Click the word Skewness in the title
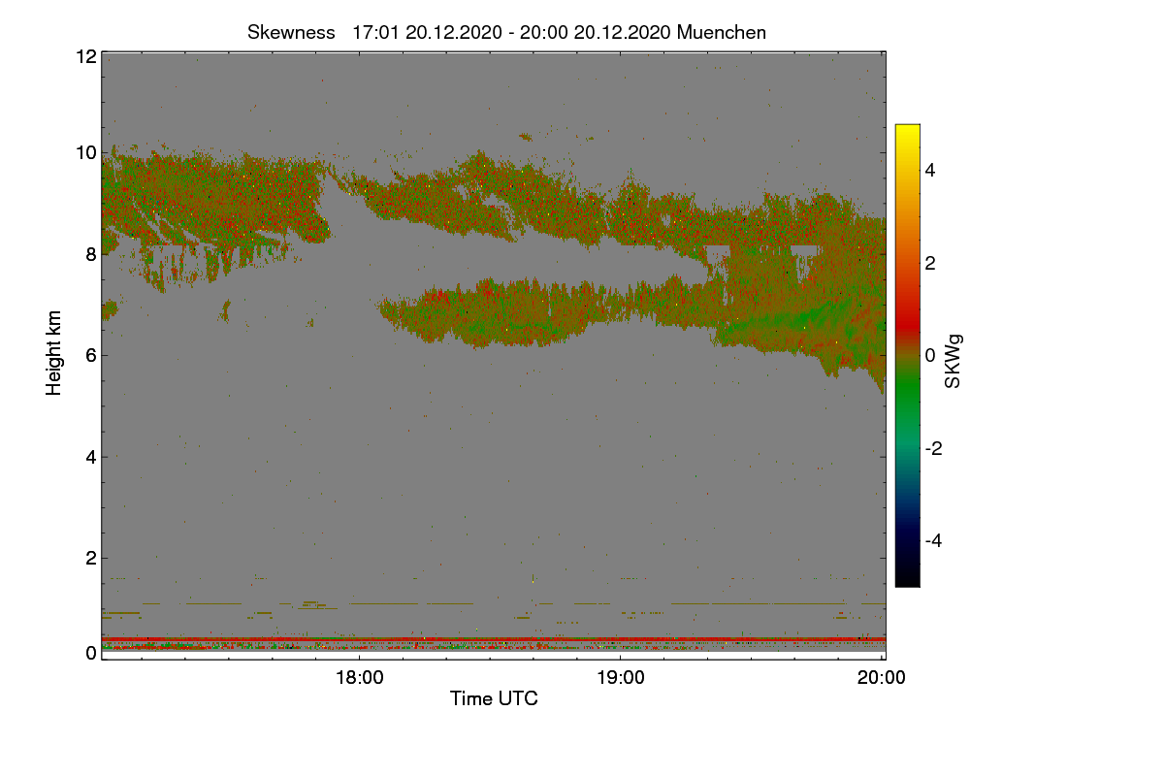tap(291, 33)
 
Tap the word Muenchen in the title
tap(722, 33)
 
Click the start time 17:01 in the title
tap(375, 33)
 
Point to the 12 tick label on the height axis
tap(86, 56)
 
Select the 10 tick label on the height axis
tap(86, 153)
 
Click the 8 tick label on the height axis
tap(91, 255)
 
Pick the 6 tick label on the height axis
tap(91, 356)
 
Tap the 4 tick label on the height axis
tap(91, 458)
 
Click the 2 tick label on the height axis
tap(91, 559)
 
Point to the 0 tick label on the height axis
tap(91, 654)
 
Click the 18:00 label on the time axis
tap(360, 678)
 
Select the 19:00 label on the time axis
tap(621, 678)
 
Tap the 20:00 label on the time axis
tap(882, 678)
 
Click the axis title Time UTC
tap(494, 699)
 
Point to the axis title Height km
tap(53, 353)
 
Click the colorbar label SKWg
tap(953, 362)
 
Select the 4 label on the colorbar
tap(930, 171)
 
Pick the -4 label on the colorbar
tap(933, 541)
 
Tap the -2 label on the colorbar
tap(933, 448)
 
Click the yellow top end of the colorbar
tap(907, 126)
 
